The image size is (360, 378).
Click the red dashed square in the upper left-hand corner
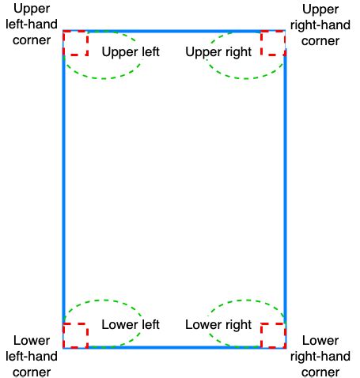click(x=87, y=43)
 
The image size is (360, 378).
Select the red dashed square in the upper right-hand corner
click(x=261, y=43)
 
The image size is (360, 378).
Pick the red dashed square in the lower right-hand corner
click(x=261, y=335)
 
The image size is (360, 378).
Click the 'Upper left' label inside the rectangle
click(x=131, y=52)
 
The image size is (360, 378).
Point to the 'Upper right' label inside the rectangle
click(x=218, y=52)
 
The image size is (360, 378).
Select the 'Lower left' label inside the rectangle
click(x=131, y=324)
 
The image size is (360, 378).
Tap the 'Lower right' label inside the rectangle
click(x=218, y=325)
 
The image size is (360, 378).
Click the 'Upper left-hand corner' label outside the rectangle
click(x=32, y=25)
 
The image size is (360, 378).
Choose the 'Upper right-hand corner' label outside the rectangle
click(x=320, y=25)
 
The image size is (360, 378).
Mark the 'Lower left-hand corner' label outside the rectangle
click(x=32, y=356)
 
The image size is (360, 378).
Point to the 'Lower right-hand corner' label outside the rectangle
click(x=320, y=356)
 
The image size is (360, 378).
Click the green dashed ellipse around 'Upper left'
click(x=104, y=78)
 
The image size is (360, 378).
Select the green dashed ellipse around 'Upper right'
click(x=245, y=78)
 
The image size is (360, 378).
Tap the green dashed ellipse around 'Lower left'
click(x=105, y=300)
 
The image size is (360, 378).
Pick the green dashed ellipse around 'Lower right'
click(x=248, y=300)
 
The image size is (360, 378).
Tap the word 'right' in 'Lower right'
click(x=236, y=325)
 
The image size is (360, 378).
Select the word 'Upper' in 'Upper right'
click(x=202, y=52)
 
